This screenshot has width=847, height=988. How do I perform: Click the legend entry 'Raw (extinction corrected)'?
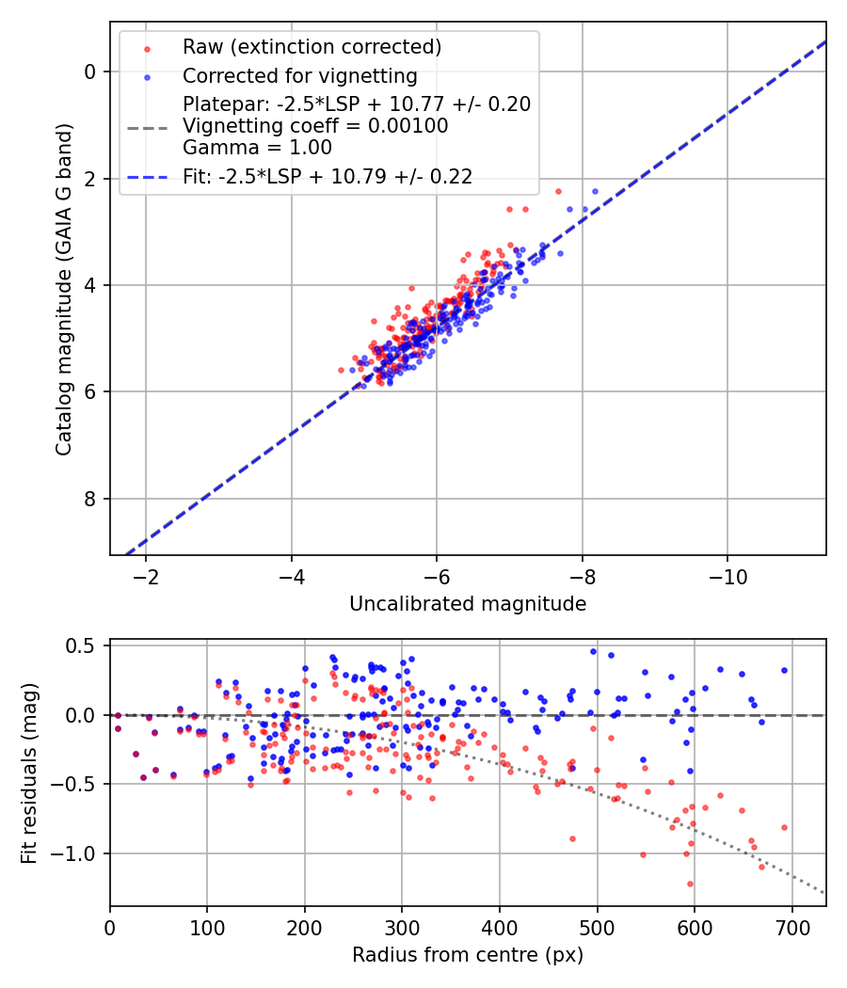click(x=312, y=47)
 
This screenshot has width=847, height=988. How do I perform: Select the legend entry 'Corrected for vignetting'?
click(x=299, y=75)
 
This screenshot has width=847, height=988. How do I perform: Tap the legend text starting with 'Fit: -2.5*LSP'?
click(x=328, y=176)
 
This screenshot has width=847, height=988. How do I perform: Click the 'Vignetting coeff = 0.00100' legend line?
click(x=315, y=126)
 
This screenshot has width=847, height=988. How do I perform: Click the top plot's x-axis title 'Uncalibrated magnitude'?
click(x=468, y=604)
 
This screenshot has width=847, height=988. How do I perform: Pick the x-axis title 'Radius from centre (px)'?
click(x=468, y=955)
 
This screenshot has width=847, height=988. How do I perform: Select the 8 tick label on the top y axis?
click(x=91, y=499)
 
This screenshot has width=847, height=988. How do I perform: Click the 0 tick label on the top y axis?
click(x=91, y=72)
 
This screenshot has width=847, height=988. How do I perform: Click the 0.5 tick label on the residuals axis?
click(x=83, y=645)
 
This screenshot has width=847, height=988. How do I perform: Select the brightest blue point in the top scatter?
click(x=595, y=191)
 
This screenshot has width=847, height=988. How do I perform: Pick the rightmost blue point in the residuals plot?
click(x=784, y=671)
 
